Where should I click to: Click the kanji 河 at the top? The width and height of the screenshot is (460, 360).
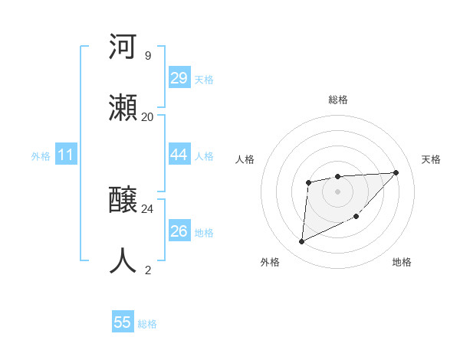[x=123, y=47]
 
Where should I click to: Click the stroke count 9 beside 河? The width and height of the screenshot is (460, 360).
[x=147, y=56]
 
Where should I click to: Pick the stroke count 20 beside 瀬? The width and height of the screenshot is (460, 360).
[x=147, y=116]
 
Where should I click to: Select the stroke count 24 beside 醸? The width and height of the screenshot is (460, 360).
[x=147, y=208]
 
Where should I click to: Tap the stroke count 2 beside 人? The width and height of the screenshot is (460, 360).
[x=147, y=270]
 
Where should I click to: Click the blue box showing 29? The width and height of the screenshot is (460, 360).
[x=179, y=78]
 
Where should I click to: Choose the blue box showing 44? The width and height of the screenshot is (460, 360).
[x=179, y=155]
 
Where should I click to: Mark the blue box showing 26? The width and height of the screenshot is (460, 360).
[x=179, y=231]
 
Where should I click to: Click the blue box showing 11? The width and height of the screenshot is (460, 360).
[x=66, y=155]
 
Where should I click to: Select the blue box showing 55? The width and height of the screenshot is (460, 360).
[x=123, y=322]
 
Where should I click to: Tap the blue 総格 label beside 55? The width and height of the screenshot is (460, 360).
[x=147, y=324]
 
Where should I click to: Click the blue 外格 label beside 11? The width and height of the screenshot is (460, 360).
[x=41, y=156]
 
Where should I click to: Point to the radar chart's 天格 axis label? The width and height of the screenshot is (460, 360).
[x=431, y=159]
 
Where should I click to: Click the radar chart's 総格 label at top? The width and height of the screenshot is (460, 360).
[x=337, y=100]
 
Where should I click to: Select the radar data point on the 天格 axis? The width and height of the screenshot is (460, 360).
[x=396, y=172]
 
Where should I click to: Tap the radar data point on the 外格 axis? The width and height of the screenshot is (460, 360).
[x=301, y=242]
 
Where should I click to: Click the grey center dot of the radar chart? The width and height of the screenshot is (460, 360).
[x=337, y=191]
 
